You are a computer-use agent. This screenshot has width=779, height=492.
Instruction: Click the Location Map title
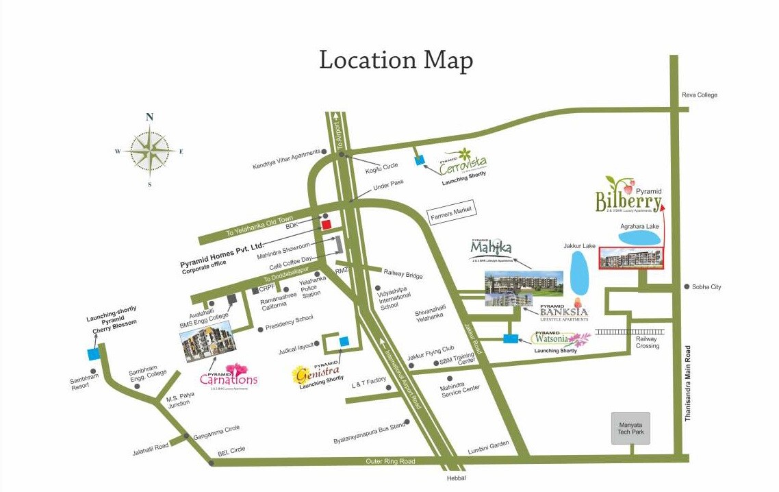396,60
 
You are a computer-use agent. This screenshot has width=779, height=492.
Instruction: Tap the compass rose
149,150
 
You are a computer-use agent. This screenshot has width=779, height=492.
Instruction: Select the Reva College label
699,95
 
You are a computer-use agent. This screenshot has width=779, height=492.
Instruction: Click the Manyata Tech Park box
630,428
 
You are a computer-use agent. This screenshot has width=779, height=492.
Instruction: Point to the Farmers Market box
452,212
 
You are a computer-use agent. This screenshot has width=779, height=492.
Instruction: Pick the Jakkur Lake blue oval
578,270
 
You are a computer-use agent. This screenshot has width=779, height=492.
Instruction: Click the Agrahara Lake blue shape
639,238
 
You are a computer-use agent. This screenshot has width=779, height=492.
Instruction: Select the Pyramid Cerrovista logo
463,162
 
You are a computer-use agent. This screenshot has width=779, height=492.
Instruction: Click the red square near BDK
327,224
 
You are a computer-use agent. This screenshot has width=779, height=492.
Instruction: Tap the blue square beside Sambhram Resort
93,354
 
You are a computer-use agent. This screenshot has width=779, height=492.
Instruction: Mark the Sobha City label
706,286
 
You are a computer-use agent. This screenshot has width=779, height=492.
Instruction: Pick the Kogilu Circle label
381,166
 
